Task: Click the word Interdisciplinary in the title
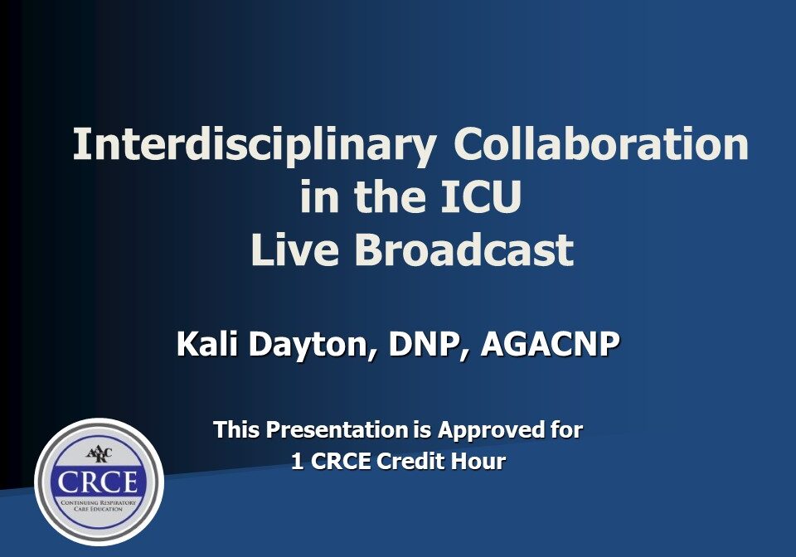point(255,146)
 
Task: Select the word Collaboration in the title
point(601,146)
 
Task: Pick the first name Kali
point(205,344)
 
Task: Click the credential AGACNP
point(551,344)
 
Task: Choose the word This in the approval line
point(238,430)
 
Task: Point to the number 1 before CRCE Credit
point(296,462)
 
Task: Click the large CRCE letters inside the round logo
point(99,482)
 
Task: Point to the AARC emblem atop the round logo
point(99,453)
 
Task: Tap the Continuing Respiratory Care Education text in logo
point(99,505)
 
